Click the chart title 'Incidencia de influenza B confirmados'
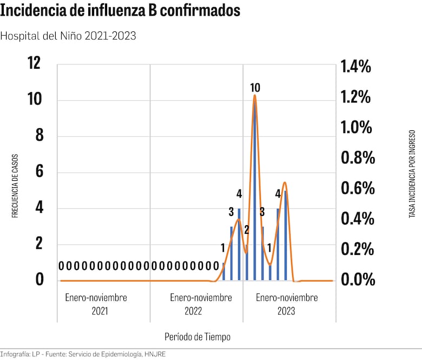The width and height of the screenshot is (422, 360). [120, 11]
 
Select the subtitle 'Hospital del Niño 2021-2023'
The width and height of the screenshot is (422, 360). [68, 36]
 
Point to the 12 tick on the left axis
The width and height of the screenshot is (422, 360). [34, 64]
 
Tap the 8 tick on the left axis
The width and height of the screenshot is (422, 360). [39, 136]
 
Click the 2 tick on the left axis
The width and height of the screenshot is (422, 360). [39, 244]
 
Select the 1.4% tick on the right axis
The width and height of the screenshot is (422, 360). [355, 67]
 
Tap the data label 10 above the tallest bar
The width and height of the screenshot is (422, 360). [255, 88]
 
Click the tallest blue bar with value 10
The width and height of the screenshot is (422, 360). [254, 189]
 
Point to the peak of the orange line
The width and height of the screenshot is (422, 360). [254, 96]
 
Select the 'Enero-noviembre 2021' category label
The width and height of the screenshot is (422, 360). [96, 304]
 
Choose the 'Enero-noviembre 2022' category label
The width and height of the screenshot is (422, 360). [201, 304]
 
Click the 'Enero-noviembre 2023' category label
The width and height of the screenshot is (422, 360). [287, 304]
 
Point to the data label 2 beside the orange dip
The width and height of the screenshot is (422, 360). [246, 230]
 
